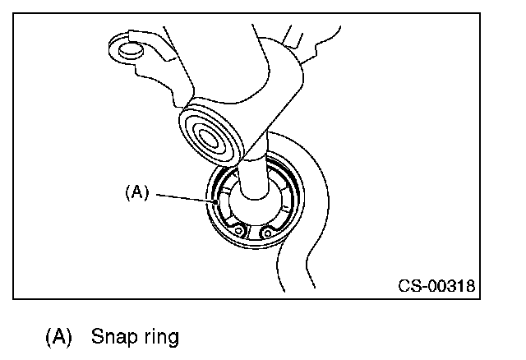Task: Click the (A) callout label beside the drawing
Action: click(136, 192)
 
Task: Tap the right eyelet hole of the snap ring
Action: click(265, 232)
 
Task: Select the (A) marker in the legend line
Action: click(58, 336)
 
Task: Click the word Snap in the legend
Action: click(109, 336)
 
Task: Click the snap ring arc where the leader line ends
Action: click(215, 199)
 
